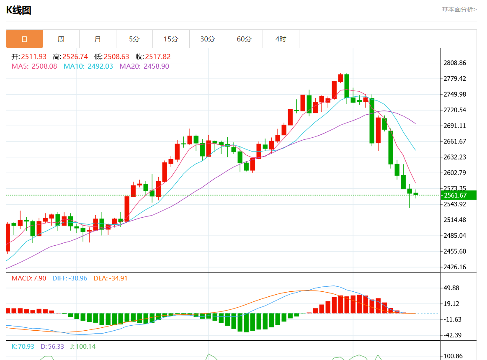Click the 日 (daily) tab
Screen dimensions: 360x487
click(x=24, y=39)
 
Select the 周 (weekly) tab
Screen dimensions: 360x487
click(x=61, y=39)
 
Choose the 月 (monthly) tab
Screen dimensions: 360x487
click(x=98, y=39)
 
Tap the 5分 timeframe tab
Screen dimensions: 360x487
click(x=134, y=39)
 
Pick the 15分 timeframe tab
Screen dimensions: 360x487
click(x=171, y=39)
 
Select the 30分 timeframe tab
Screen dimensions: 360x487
click(x=208, y=39)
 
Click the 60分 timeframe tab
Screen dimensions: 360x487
click(x=244, y=39)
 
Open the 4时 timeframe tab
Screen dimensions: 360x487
click(x=281, y=39)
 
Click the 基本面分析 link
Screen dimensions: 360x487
click(x=459, y=9)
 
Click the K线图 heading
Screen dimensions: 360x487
click(x=19, y=10)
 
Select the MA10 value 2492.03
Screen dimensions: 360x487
click(x=100, y=66)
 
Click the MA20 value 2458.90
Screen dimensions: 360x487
click(x=156, y=66)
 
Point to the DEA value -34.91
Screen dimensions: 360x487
click(x=120, y=278)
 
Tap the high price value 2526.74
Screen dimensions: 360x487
click(x=75, y=57)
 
